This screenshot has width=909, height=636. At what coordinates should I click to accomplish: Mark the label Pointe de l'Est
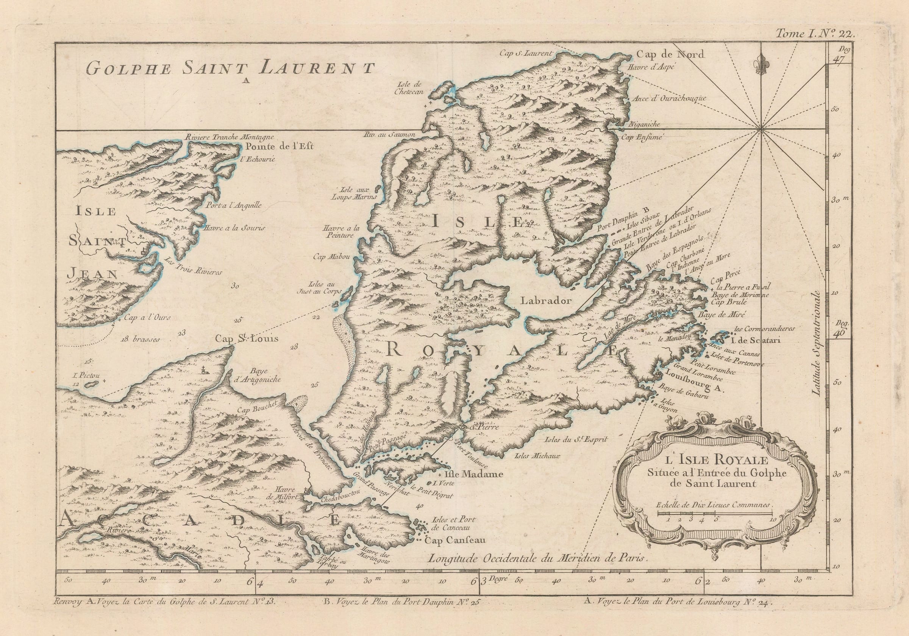279,147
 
